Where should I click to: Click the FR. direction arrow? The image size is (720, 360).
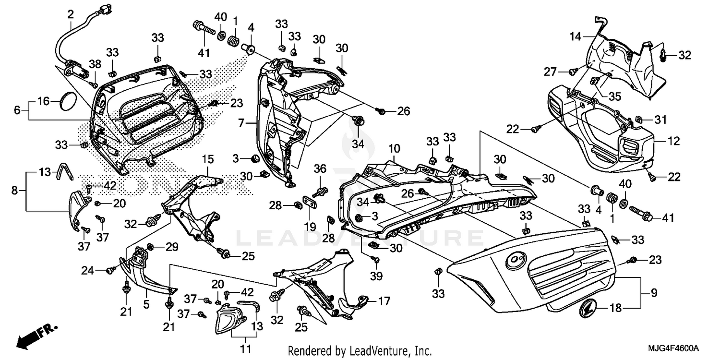36,335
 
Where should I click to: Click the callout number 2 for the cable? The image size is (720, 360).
71,14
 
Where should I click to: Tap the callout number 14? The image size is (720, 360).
575,36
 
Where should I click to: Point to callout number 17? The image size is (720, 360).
384,302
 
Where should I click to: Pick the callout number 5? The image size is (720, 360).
146,304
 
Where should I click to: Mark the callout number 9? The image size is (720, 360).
653,292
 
